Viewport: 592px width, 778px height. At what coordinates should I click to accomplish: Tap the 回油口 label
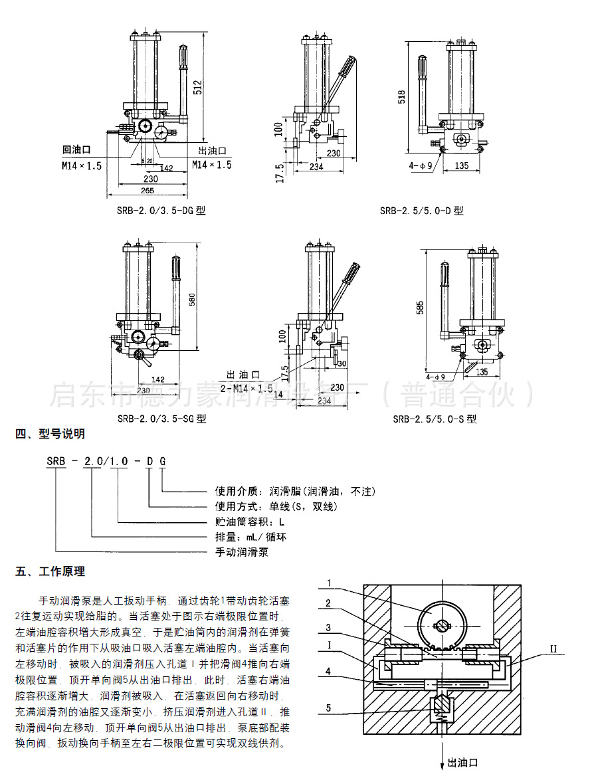tap(76, 151)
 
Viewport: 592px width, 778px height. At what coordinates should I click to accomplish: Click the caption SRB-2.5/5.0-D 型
tap(421, 211)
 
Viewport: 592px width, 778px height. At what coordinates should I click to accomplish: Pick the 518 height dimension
tap(401, 97)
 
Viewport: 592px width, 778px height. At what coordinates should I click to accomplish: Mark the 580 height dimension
tap(192, 300)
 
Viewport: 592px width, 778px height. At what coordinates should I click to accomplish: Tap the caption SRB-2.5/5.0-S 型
tap(435, 419)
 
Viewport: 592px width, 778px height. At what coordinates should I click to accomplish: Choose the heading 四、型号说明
tap(50, 435)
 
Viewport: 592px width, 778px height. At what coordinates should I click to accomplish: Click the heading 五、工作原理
tap(50, 571)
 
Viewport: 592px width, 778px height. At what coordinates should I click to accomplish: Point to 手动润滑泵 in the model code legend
tap(241, 551)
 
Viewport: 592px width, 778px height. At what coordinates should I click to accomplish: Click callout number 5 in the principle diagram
tap(328, 708)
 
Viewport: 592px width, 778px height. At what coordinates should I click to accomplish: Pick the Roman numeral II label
tap(554, 646)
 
